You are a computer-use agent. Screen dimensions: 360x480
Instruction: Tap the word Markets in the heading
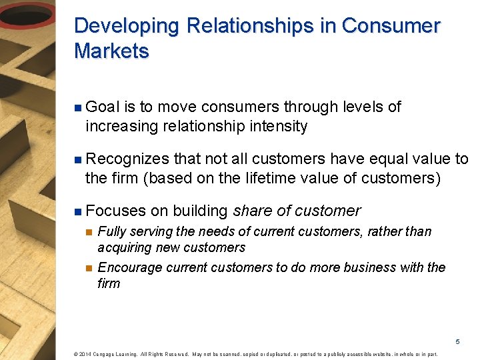(111, 51)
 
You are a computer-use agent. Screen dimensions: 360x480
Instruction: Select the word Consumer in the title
(391, 26)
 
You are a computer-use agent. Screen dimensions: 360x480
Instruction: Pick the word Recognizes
(127, 159)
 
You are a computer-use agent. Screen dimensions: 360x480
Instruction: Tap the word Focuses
(115, 211)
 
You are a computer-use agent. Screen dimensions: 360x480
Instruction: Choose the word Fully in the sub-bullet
(110, 232)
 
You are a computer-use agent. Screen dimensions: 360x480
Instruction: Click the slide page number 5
(457, 341)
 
